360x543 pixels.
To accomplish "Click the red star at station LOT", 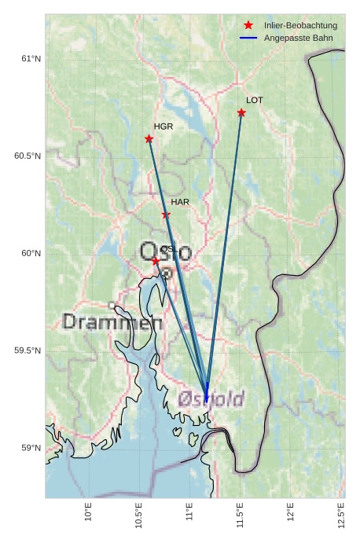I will (x=241, y=113).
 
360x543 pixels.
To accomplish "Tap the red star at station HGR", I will (x=149, y=139).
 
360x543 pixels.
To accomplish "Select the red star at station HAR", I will (x=166, y=215).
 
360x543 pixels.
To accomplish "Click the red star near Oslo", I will (x=156, y=260).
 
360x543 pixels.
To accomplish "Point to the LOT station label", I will (x=254, y=101).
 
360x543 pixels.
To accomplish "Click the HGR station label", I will (x=163, y=127).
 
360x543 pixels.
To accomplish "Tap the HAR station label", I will (x=180, y=202).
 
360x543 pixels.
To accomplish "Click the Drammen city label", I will (x=112, y=322).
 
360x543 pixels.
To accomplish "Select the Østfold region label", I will (x=211, y=399).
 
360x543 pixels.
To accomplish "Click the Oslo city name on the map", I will (x=165, y=252).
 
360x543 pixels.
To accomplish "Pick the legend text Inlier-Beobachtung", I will (x=300, y=26).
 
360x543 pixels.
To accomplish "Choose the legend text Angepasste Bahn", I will (x=298, y=38).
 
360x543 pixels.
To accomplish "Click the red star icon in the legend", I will (x=248, y=25).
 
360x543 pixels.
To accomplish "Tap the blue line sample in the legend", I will (x=248, y=38).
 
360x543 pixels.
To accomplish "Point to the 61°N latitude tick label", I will (x=30, y=59).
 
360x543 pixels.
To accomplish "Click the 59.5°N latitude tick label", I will (x=28, y=350).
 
